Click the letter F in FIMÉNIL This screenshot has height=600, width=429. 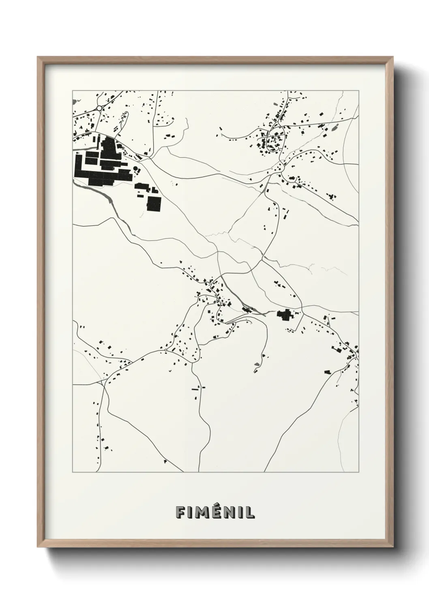180,512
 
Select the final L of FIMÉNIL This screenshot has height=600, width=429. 251,512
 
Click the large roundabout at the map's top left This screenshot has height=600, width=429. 99,108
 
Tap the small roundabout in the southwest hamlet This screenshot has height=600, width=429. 166,349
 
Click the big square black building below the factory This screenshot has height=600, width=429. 154,204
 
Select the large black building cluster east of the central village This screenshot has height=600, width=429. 285,315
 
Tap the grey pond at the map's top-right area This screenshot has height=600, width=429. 335,129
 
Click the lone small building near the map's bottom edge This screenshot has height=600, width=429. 165,461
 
